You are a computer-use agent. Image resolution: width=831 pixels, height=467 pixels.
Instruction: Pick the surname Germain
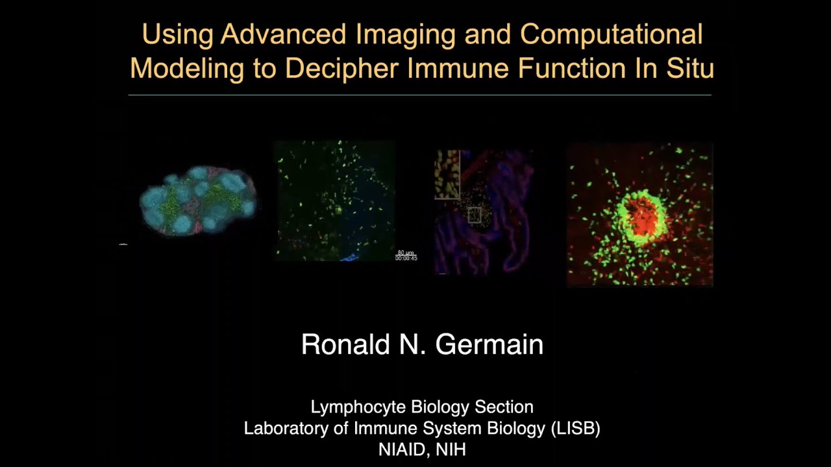click(489, 344)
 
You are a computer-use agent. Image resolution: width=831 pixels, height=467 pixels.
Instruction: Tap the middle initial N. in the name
click(412, 344)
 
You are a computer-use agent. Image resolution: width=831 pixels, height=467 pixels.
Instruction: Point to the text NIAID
click(399, 449)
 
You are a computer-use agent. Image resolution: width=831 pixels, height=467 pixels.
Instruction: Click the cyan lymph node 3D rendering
click(198, 200)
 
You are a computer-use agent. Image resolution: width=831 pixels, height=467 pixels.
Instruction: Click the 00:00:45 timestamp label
click(406, 258)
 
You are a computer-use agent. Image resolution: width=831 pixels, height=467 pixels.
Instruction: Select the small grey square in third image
click(475, 215)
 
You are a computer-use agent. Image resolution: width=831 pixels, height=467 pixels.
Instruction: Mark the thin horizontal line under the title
click(419, 95)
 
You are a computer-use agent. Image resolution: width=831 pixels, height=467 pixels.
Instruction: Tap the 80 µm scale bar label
click(406, 252)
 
